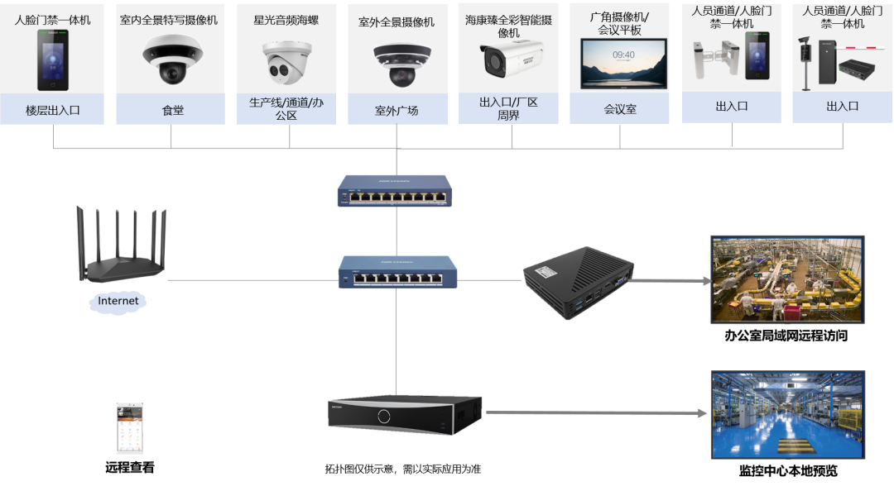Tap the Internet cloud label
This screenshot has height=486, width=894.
click(x=118, y=302)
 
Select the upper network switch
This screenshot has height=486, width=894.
click(x=395, y=191)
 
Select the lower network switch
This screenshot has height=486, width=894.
click(x=397, y=272)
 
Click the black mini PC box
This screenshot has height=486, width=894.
click(x=579, y=279)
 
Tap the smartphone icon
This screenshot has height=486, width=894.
click(x=129, y=428)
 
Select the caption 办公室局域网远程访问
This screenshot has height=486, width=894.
click(x=786, y=335)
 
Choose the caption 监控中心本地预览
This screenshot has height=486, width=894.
click(x=787, y=470)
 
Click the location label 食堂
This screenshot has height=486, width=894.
click(x=172, y=109)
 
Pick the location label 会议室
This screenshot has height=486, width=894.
click(x=620, y=109)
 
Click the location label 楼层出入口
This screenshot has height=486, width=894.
click(x=53, y=109)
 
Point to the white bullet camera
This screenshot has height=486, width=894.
click(x=511, y=57)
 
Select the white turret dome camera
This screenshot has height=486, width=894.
click(x=287, y=59)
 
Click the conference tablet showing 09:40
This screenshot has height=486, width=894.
click(x=623, y=63)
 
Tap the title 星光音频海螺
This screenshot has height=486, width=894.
click(x=286, y=21)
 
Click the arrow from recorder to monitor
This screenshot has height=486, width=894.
click(x=596, y=412)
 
